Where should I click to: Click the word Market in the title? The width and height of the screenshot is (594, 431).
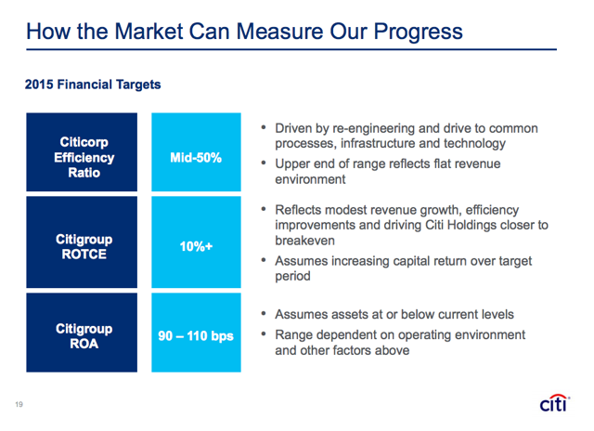tap(148, 31)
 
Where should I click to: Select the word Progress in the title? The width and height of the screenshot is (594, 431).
tap(419, 33)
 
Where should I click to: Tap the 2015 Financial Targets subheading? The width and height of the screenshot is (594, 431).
tap(93, 85)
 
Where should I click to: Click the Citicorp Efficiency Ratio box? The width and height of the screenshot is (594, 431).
tap(82, 152)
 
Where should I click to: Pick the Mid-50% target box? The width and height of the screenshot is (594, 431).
tap(196, 152)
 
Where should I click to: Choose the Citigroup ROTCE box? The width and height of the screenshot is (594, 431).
tap(82, 242)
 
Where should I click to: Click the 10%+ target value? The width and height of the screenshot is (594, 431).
tap(196, 246)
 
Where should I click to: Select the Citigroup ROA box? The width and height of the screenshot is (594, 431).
tap(82, 333)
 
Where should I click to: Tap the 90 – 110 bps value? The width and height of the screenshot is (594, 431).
tap(196, 336)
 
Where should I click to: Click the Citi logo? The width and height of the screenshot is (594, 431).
tap(555, 403)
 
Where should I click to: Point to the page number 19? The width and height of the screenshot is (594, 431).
tap(19, 404)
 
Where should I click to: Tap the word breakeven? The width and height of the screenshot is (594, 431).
tap(305, 241)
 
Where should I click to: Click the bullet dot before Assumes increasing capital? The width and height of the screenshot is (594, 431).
tap(264, 260)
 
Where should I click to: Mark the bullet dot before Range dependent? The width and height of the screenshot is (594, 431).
tap(264, 334)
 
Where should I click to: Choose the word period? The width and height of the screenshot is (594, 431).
tap(292, 276)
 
